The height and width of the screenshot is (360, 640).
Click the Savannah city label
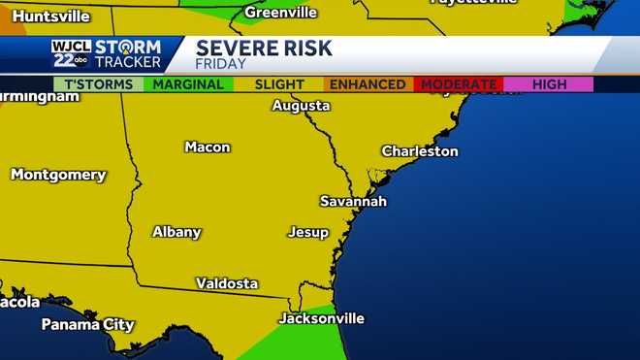(x=353, y=201)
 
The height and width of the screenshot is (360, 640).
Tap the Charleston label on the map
(x=419, y=151)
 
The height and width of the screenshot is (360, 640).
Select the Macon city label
(x=208, y=147)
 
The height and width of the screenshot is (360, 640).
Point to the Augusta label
(x=301, y=105)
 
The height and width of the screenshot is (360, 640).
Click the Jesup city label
(x=307, y=232)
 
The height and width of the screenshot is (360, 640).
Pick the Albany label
(x=176, y=232)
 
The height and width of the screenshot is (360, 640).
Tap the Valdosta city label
(x=227, y=283)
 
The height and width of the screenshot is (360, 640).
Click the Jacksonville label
(x=321, y=318)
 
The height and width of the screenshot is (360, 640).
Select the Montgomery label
(x=58, y=175)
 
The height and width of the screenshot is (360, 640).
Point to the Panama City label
(x=87, y=324)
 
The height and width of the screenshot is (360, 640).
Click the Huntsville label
(x=50, y=16)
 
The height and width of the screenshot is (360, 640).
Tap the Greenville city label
(x=280, y=13)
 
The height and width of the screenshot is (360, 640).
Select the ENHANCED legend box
(x=367, y=84)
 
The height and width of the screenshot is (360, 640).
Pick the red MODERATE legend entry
(x=459, y=84)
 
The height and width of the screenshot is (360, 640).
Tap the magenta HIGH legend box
(x=549, y=84)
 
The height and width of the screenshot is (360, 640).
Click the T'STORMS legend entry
(x=97, y=84)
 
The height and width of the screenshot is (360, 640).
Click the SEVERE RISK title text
(x=264, y=48)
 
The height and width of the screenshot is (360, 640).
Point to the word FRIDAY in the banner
(x=221, y=64)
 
